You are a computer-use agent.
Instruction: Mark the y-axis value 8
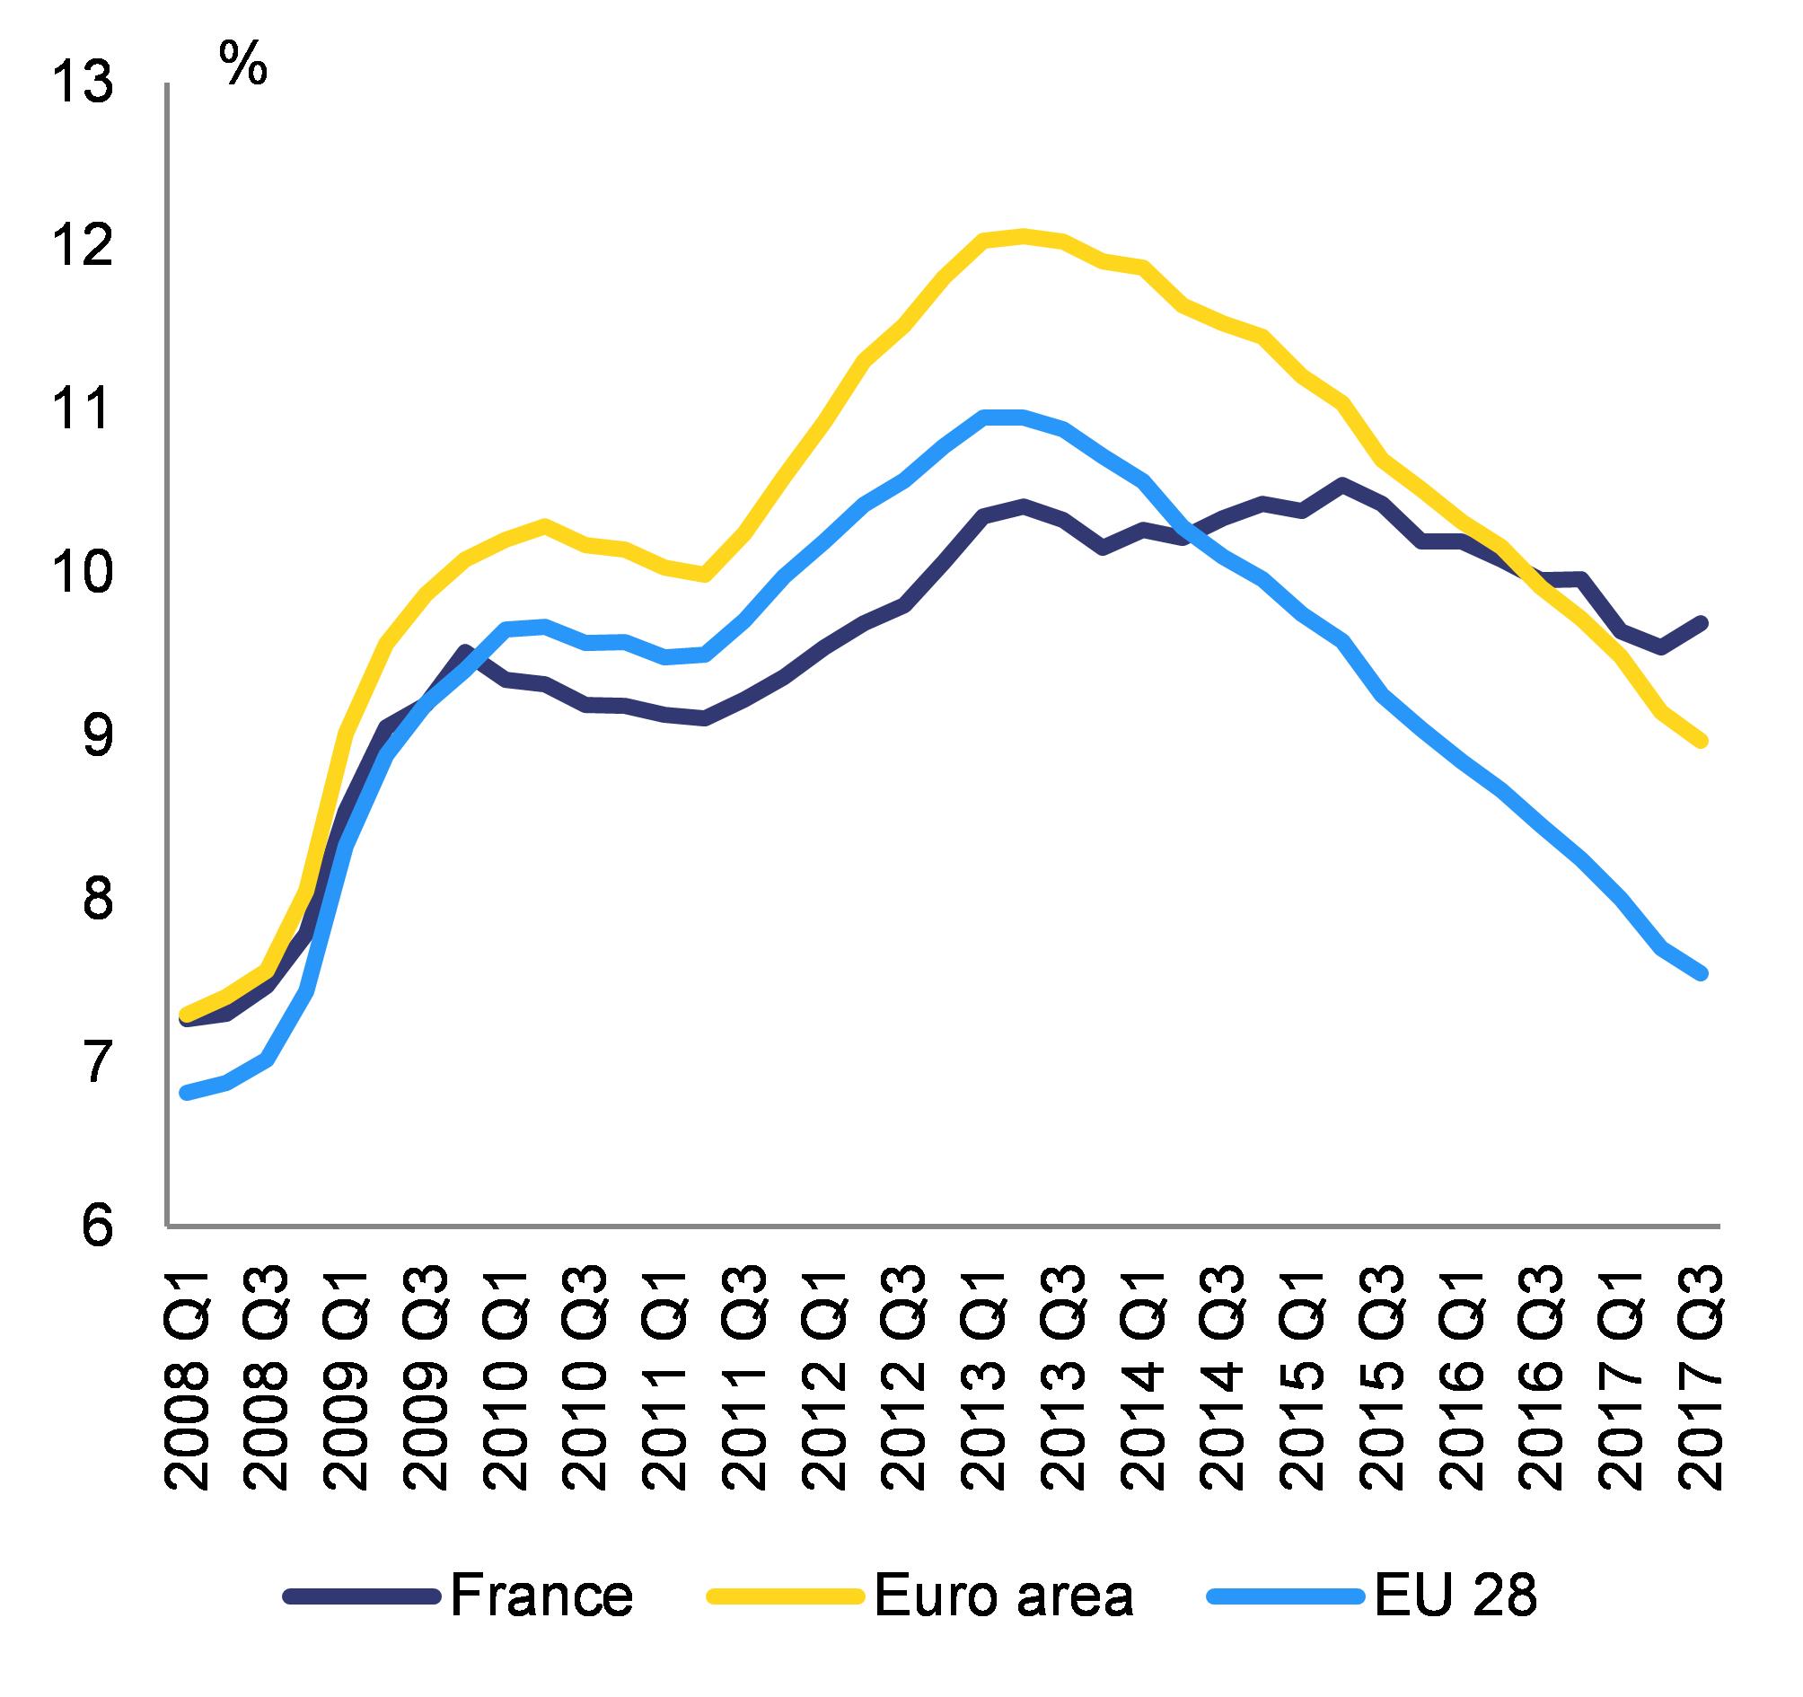tap(96, 899)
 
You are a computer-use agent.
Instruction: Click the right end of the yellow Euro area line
tap(1702, 741)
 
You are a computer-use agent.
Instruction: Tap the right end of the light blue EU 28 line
tap(1702, 973)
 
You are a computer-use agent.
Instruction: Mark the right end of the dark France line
tap(1702, 622)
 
